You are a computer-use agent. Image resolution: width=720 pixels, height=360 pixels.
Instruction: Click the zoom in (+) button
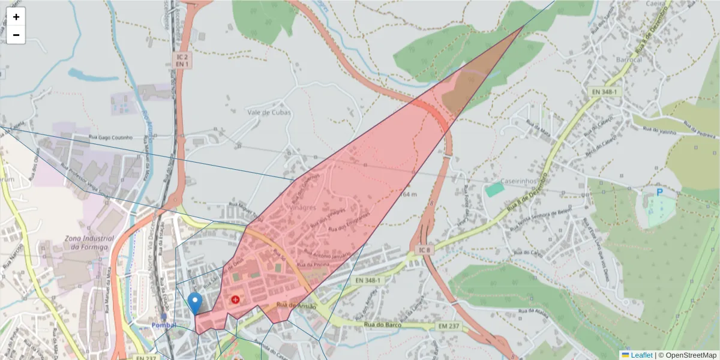16,17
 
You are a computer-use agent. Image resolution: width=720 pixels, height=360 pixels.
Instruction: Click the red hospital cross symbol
235,298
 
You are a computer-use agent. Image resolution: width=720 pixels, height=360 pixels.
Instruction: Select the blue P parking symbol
659,193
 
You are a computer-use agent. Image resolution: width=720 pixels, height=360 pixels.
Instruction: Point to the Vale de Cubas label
269,112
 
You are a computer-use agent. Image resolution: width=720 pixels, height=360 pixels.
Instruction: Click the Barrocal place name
629,60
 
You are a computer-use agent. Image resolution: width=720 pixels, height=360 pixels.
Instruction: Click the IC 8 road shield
424,248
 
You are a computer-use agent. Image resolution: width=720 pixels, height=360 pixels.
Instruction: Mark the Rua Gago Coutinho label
112,137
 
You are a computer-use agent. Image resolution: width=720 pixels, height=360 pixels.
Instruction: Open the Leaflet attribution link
641,355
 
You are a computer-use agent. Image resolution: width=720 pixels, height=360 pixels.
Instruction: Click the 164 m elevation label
408,194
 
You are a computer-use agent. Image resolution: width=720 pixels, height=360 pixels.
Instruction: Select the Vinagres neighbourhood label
302,207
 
